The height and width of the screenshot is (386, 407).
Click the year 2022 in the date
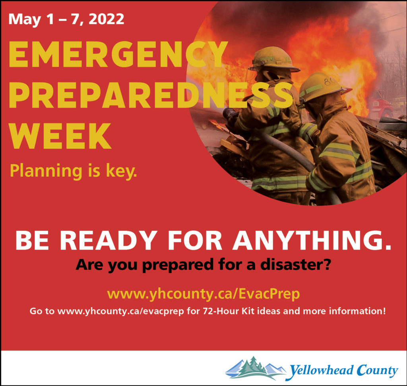click(107, 19)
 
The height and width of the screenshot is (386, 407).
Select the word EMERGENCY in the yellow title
click(118, 55)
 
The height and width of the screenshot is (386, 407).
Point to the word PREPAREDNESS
click(151, 95)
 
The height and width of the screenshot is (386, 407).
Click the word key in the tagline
click(121, 171)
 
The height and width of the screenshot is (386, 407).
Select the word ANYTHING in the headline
click(312, 240)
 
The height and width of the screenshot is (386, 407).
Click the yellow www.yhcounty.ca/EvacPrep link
click(203, 294)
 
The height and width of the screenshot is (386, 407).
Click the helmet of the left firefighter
click(273, 59)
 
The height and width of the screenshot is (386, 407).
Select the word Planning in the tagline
click(46, 171)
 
